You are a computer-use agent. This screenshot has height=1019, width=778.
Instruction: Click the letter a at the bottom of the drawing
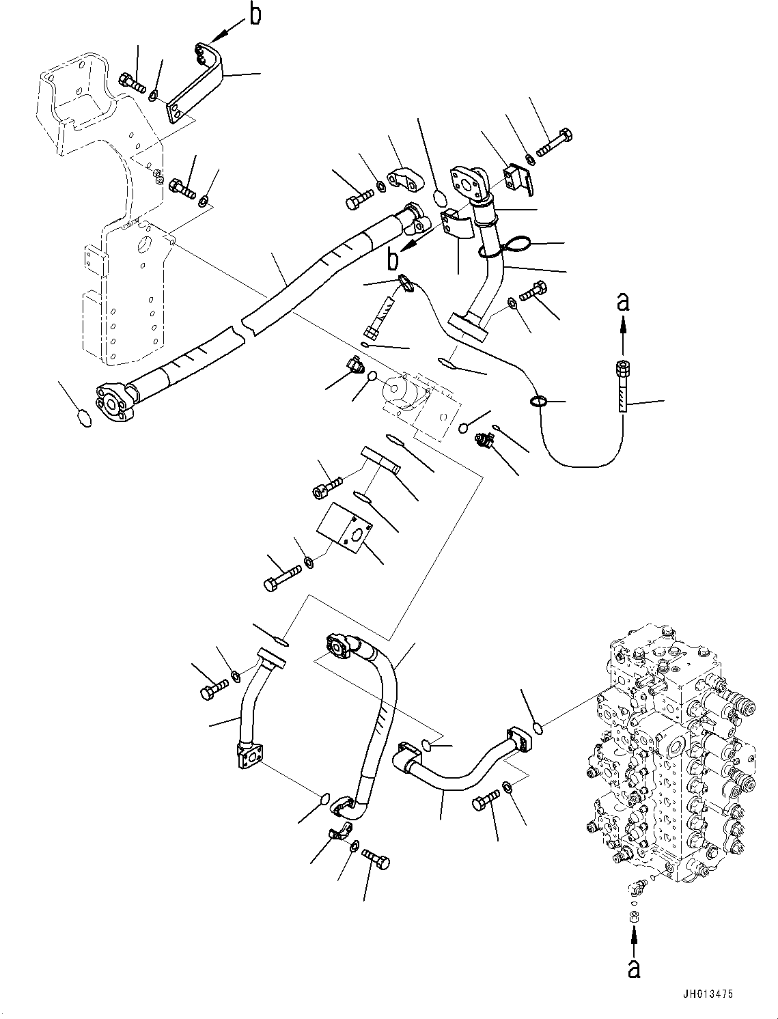pos(635,968)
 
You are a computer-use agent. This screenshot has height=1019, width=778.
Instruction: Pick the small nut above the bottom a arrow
pos(634,916)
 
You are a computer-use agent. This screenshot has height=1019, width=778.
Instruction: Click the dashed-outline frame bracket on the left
pos(109,205)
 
